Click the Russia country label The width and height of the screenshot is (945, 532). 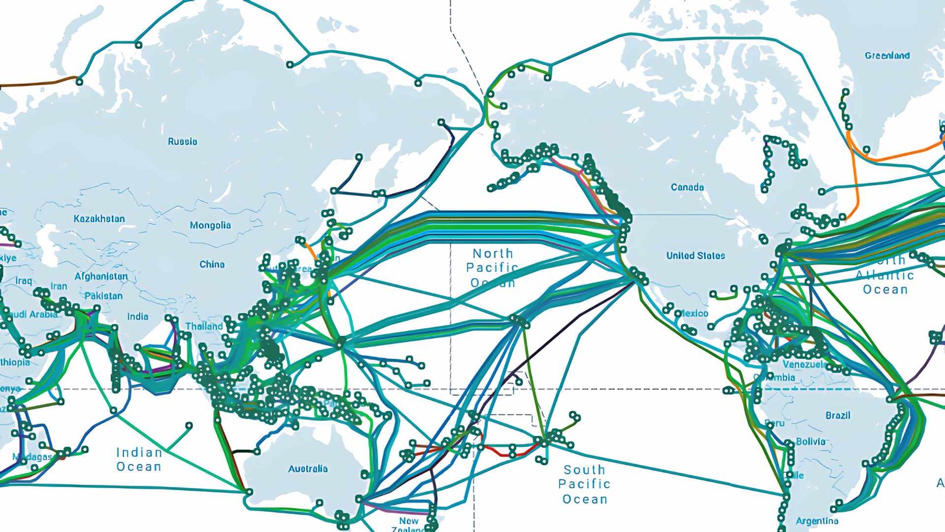point(183,142)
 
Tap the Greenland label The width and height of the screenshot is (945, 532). point(887,56)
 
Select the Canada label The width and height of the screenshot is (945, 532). point(687,187)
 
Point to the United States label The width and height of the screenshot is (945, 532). point(696,256)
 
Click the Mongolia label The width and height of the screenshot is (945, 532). point(210,225)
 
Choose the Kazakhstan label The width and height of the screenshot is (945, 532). point(99,219)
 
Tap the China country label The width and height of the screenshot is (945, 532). point(212,264)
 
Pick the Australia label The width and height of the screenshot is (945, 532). point(308,469)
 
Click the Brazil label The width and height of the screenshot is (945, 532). point(838,416)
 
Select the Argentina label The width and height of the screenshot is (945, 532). point(817,521)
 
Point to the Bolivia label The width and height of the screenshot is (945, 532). point(810,442)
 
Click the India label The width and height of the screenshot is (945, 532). point(138,316)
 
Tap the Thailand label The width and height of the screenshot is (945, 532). point(204,326)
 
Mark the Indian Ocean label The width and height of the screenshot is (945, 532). point(139,459)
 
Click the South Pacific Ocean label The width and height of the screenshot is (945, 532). point(584,484)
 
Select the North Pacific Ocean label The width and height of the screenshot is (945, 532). point(492,268)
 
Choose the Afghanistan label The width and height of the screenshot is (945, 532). point(101,276)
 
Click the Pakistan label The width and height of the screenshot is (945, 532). point(103,296)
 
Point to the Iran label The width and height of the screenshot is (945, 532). point(58,286)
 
